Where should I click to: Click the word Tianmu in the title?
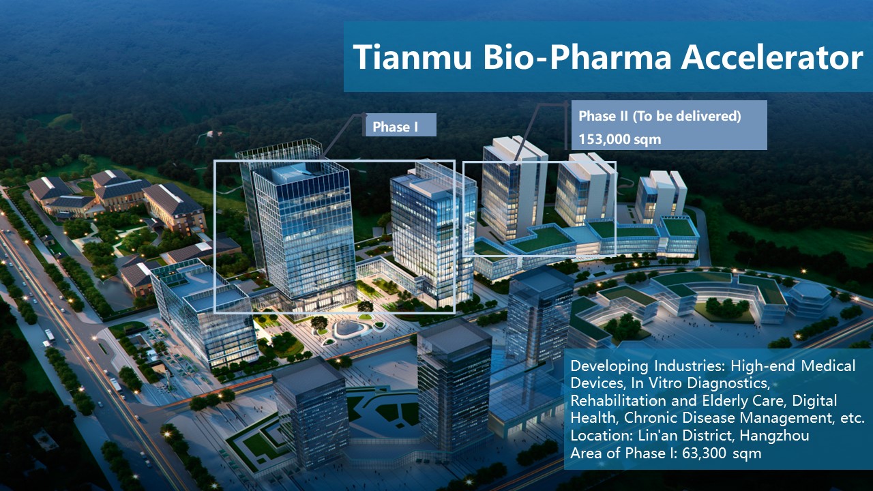point(413,57)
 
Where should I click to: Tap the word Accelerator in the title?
point(772,57)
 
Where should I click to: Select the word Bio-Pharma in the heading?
point(577,57)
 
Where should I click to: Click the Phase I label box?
point(400,125)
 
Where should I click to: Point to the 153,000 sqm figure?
point(620,139)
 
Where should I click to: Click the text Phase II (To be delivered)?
point(660,116)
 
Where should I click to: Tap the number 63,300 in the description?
point(704,453)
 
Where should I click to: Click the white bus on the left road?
point(50,335)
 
